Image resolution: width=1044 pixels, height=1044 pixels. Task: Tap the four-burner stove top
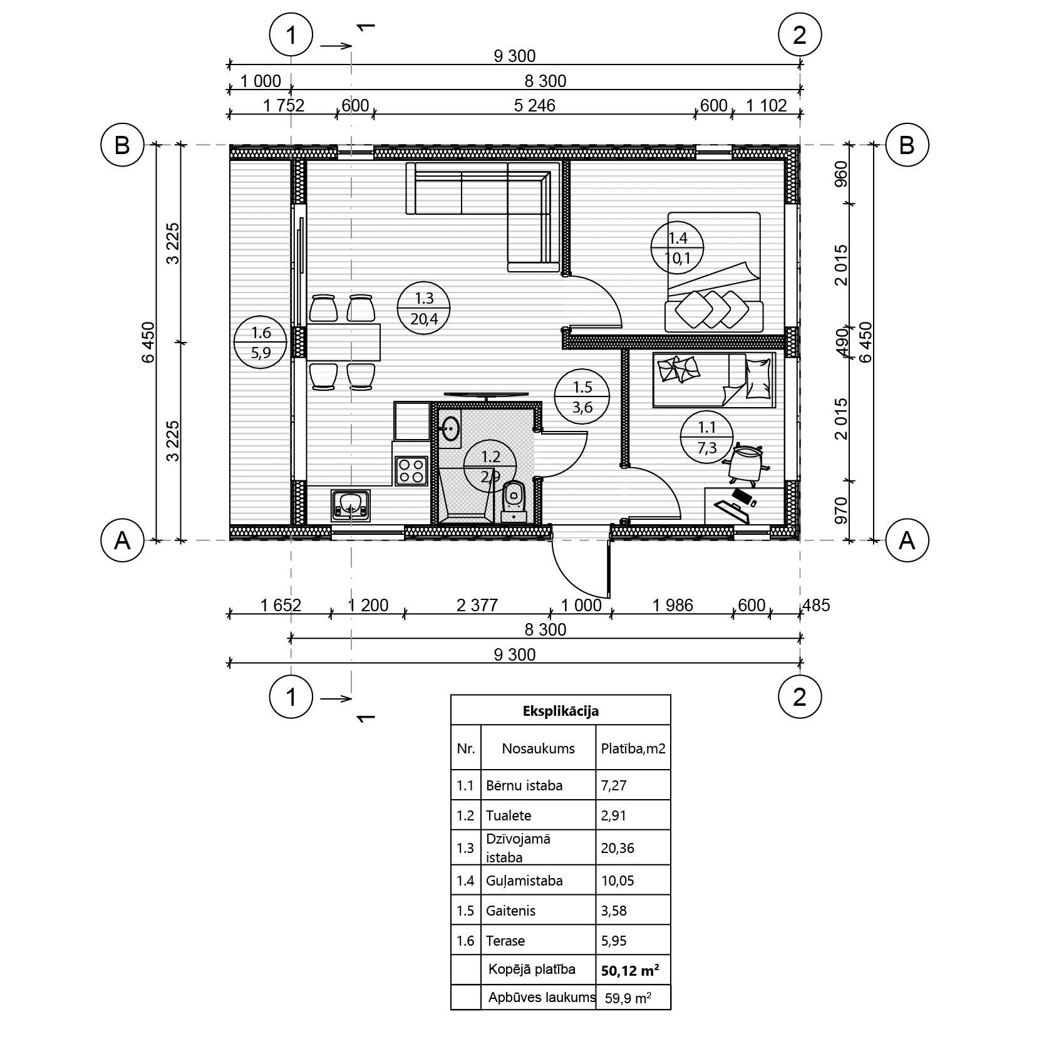coord(411,470)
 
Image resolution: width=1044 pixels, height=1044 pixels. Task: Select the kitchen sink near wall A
coord(350,505)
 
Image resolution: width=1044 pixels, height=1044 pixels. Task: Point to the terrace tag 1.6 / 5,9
coord(260,342)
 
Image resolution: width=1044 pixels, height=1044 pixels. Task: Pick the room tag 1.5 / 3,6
coord(582,398)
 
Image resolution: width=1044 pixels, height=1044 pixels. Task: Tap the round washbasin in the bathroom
coord(450,430)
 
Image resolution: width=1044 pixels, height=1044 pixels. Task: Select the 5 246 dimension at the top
coord(534,105)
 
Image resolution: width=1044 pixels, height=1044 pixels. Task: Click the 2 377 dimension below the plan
coord(477,605)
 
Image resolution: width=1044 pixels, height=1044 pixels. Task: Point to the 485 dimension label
coord(816,605)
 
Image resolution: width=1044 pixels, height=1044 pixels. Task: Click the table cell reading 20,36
coord(618,848)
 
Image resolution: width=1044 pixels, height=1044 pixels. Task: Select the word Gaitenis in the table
coord(510,911)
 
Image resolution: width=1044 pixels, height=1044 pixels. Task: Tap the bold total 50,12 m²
coord(629,971)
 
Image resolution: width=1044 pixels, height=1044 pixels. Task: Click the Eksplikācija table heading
coord(561,711)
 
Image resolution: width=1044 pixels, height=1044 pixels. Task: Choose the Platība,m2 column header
coord(633,749)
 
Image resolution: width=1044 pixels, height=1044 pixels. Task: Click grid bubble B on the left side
coord(122,145)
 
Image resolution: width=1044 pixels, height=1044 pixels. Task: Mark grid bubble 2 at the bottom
coord(800,697)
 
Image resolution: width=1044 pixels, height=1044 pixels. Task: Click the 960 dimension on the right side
coord(841,174)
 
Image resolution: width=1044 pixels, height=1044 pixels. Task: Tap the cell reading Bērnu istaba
coord(524,785)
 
